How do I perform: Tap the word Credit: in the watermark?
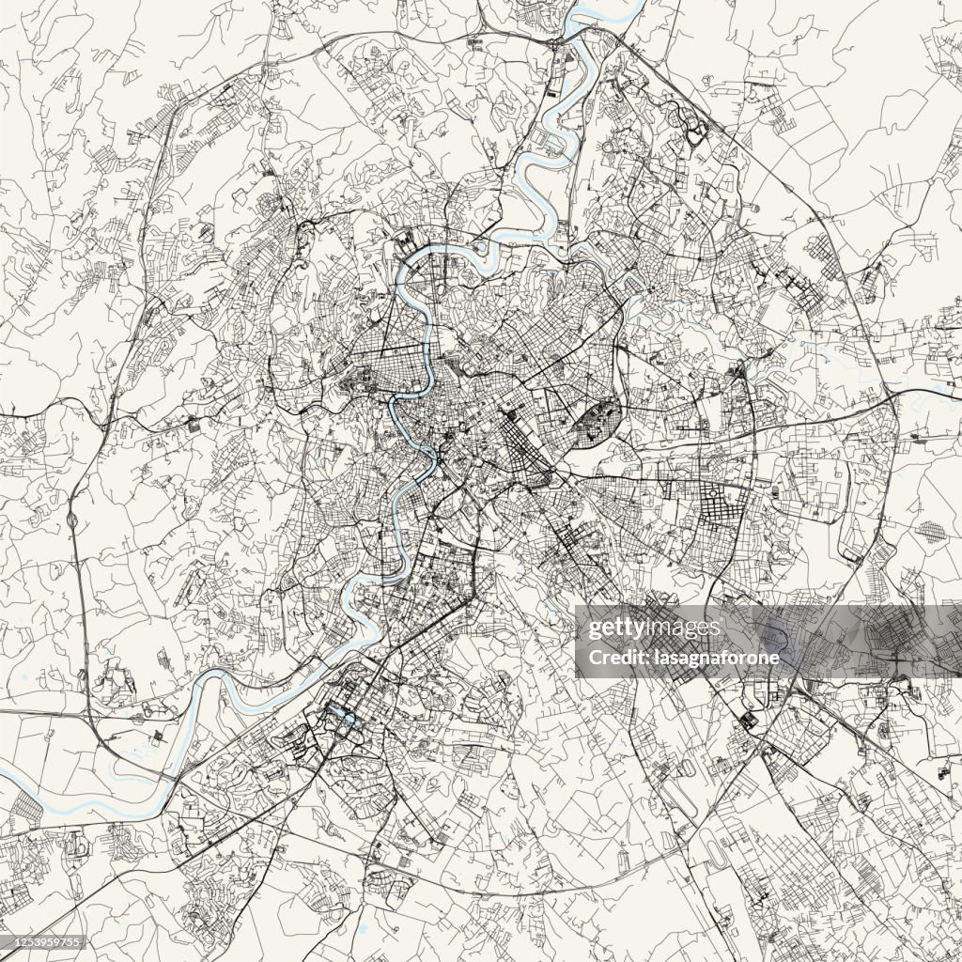[612, 658]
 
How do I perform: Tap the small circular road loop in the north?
[695, 133]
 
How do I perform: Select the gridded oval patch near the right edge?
[932, 532]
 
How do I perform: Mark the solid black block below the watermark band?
[748, 721]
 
